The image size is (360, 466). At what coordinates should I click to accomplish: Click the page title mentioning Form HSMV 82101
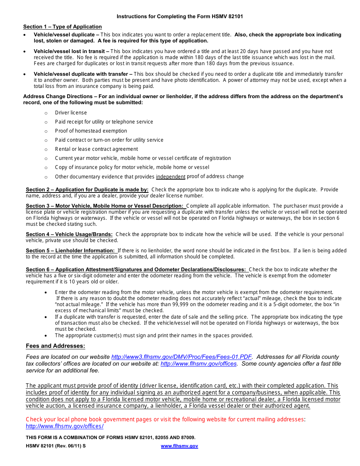(x=180, y=17)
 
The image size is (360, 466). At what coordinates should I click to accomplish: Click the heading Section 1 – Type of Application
(x=62, y=27)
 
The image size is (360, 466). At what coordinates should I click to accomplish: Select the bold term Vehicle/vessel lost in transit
(x=71, y=51)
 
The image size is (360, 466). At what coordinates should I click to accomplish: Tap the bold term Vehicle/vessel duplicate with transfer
(x=83, y=74)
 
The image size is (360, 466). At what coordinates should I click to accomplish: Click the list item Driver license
(x=71, y=113)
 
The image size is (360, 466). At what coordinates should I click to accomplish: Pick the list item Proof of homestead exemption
(x=86, y=131)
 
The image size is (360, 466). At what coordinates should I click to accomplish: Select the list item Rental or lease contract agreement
(x=96, y=149)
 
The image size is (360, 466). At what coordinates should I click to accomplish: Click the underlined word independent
(x=171, y=177)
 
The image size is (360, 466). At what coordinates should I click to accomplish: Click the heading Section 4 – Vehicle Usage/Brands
(x=69, y=235)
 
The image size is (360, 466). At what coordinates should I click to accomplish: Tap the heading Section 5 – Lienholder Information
(x=70, y=251)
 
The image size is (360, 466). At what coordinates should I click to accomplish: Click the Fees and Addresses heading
(x=55, y=346)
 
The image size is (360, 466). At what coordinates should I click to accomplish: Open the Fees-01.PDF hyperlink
(x=182, y=357)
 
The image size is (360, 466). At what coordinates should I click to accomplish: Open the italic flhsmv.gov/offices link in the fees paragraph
(x=199, y=364)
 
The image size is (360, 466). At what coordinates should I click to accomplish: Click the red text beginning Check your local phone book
(x=165, y=419)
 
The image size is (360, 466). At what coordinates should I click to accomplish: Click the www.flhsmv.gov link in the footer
(x=179, y=446)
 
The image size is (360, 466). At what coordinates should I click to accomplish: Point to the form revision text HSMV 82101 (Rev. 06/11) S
(x=56, y=446)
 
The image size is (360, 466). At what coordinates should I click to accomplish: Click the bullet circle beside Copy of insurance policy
(x=46, y=168)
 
